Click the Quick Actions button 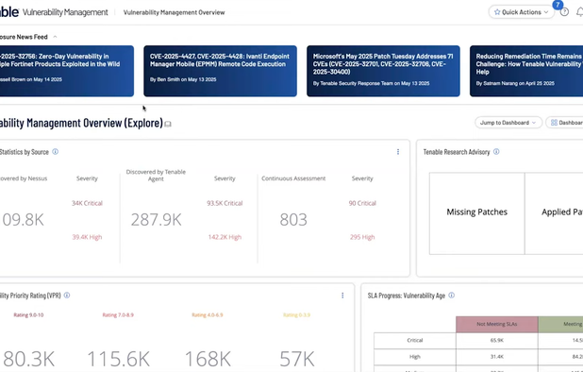(521, 12)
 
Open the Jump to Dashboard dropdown (508, 123)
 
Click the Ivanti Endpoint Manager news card (219, 71)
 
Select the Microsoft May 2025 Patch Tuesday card (383, 71)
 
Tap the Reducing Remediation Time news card (525, 71)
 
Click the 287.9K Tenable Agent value (157, 219)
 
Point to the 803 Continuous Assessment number (293, 219)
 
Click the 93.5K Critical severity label (225, 203)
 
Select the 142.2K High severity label (225, 237)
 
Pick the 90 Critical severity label (362, 203)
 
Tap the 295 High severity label (362, 237)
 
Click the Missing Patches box (476, 212)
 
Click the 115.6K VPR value (118, 359)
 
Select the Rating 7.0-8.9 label (118, 315)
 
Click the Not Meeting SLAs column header (496, 324)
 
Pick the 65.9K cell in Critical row (496, 340)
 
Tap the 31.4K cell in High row (496, 356)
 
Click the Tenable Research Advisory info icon (496, 151)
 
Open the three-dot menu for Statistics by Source (397, 151)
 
